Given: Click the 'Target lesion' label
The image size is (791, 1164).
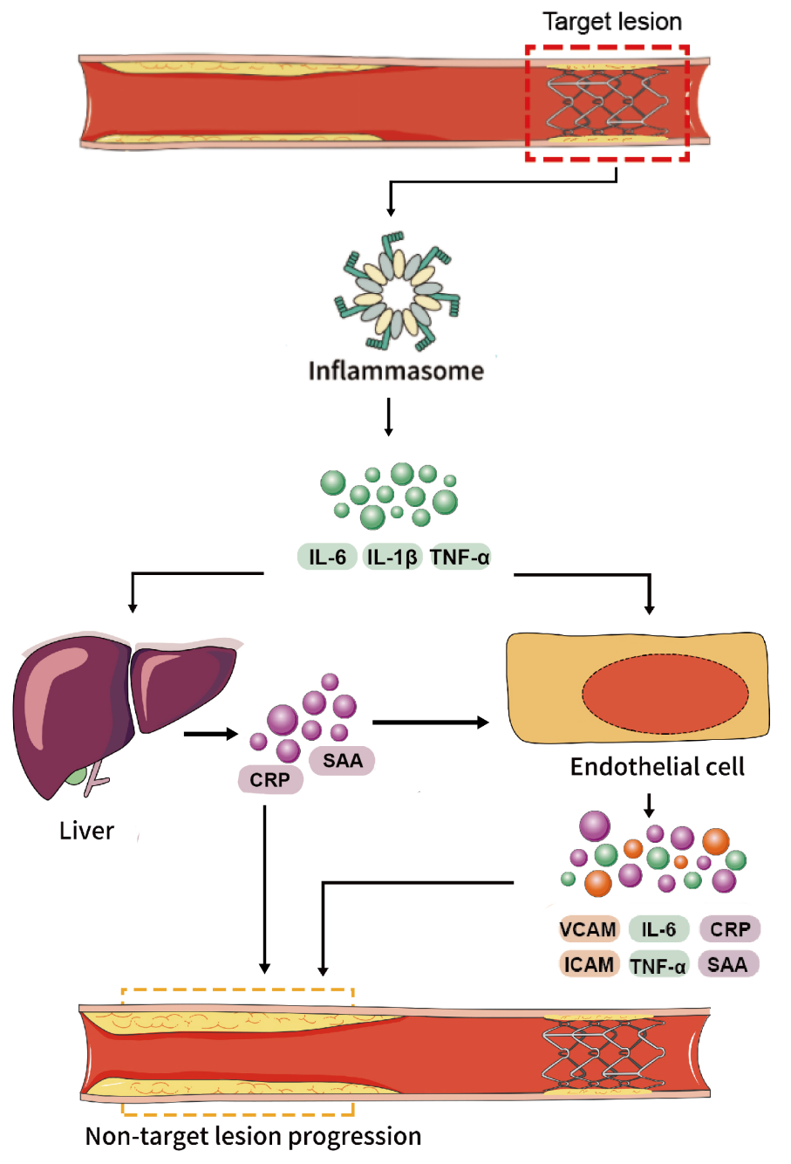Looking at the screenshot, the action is (x=612, y=22).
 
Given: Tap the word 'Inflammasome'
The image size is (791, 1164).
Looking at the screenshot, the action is (x=396, y=371).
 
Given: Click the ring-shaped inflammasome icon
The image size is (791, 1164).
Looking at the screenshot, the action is (x=397, y=292).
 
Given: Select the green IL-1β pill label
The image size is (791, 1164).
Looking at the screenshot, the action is (x=392, y=557).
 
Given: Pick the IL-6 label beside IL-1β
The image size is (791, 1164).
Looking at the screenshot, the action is (x=327, y=557).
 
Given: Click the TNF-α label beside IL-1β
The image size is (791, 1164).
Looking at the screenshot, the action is (x=460, y=557).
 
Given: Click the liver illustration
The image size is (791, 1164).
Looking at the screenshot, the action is (x=125, y=712).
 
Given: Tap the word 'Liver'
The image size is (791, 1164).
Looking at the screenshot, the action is (x=86, y=831).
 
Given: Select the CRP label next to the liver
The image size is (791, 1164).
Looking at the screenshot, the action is (x=270, y=779).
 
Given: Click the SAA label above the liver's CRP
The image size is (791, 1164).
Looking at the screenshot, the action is (x=342, y=760).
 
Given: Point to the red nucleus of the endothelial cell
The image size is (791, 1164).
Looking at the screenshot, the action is (x=665, y=695).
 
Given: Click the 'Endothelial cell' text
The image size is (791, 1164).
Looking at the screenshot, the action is (x=657, y=767).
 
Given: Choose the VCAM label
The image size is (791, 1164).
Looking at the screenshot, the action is (x=588, y=928).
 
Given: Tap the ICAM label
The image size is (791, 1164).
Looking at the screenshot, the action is (x=589, y=964).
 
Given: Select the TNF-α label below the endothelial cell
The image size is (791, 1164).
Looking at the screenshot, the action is (x=658, y=966).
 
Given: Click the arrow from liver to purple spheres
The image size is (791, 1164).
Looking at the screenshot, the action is (x=211, y=734).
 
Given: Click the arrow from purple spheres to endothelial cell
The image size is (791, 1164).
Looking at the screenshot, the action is (x=431, y=722).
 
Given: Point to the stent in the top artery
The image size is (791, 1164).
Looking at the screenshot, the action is (x=607, y=101).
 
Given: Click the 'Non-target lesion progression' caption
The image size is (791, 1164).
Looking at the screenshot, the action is (x=253, y=1136).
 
